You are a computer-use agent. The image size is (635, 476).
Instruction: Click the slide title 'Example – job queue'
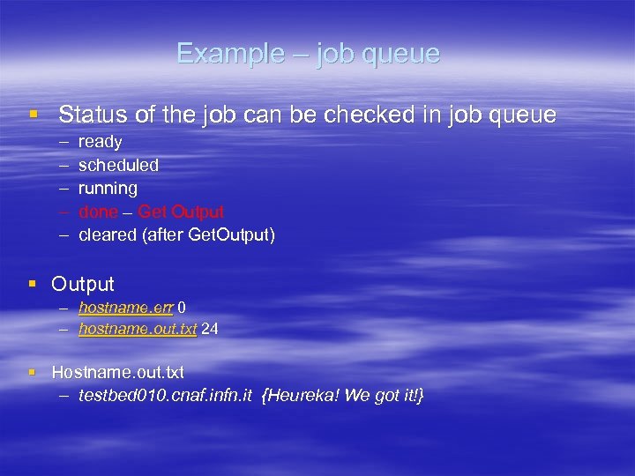click(308, 54)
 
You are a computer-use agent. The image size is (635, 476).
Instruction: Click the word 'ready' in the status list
click(100, 142)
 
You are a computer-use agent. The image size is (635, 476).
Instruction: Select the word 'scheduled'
click(118, 165)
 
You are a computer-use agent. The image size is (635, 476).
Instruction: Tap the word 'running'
click(108, 189)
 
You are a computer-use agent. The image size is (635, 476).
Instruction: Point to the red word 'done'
click(98, 212)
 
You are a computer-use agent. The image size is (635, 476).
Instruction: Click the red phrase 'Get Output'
click(181, 212)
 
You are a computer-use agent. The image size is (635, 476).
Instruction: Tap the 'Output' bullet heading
click(83, 284)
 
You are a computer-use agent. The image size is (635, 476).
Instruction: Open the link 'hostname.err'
click(126, 307)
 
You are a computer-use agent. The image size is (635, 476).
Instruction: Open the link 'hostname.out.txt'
click(138, 329)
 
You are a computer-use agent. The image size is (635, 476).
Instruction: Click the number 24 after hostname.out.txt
click(211, 329)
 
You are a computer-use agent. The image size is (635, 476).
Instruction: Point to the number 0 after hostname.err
click(182, 307)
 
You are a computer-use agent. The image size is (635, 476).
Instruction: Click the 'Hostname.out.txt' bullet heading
click(117, 373)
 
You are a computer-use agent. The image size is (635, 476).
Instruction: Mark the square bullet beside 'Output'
click(33, 283)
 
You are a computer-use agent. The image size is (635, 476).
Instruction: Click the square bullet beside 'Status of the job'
click(34, 114)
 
